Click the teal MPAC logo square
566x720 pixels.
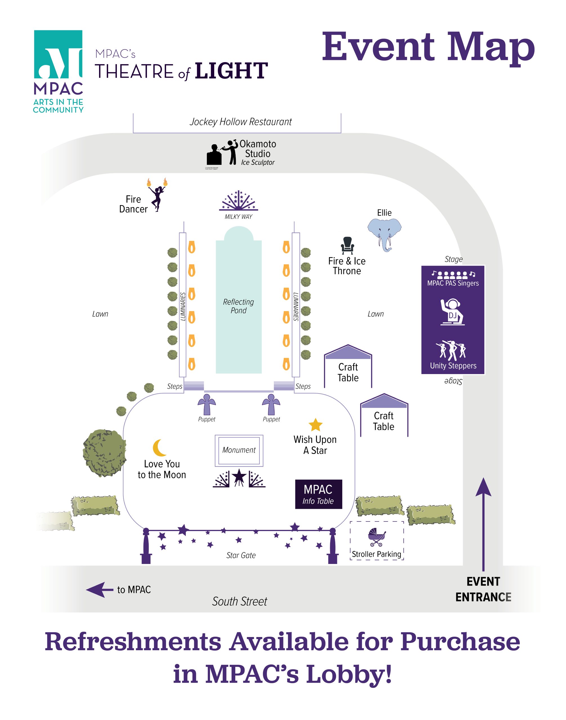[x=58, y=54]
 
